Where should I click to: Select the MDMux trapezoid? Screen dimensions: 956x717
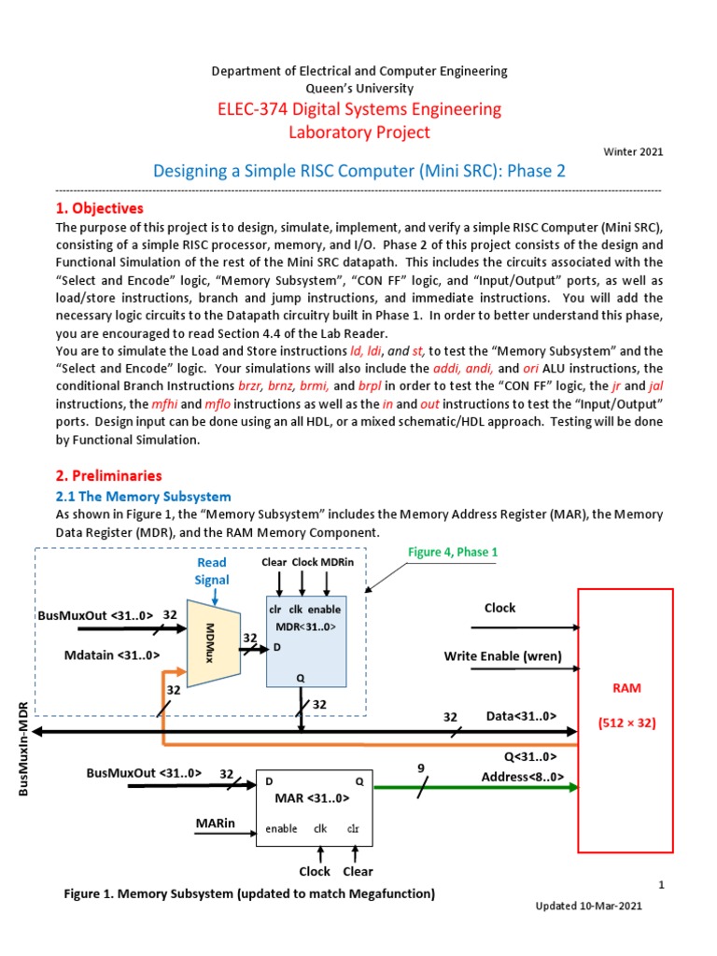pos(212,642)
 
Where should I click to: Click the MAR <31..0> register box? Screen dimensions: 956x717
pos(313,807)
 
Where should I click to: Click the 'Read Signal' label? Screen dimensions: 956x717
pos(212,571)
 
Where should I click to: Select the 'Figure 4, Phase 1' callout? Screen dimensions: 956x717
pos(453,552)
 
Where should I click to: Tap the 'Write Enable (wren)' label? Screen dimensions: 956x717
pos(503,656)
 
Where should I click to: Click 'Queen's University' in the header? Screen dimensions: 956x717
pos(359,87)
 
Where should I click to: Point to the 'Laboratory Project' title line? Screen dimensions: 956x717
pos(359,133)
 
